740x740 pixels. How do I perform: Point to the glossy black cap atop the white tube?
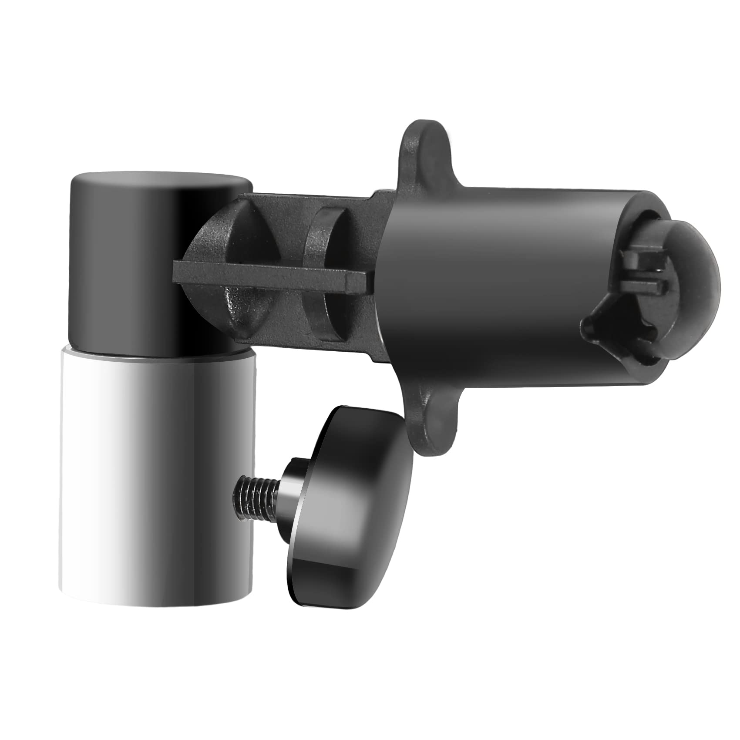pyautogui.click(x=157, y=261)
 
